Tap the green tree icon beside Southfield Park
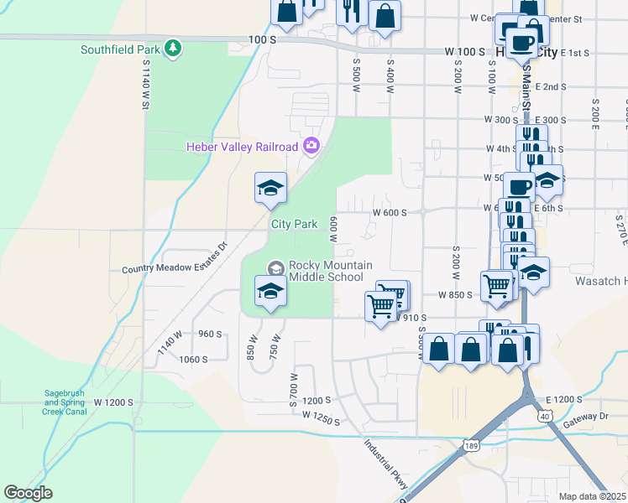point(174,49)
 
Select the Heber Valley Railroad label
point(242,148)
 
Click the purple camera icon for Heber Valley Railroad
point(311,147)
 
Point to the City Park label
point(294,224)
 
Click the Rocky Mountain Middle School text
point(326,271)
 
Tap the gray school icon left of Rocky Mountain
point(275,268)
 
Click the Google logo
point(29,493)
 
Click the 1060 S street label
point(193,359)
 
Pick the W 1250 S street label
point(321,417)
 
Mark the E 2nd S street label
point(550,86)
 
